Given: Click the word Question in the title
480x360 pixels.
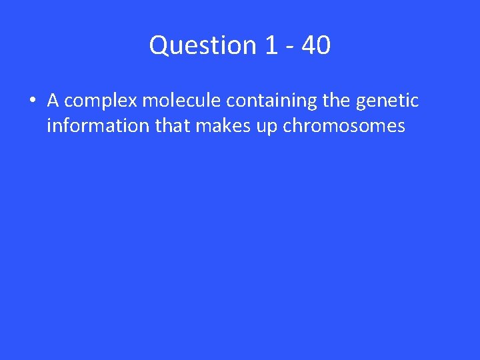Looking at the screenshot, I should [202, 45].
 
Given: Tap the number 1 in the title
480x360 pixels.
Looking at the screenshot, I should [271, 45].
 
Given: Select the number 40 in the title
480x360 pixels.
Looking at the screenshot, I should [315, 45].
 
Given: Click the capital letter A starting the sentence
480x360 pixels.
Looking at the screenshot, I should [53, 101].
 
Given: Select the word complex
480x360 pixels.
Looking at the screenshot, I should [100, 101].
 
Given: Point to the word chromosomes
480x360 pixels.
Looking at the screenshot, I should [344, 126].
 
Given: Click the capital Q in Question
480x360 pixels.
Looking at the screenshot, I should [159, 45].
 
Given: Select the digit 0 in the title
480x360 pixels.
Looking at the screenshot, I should [323, 45].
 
